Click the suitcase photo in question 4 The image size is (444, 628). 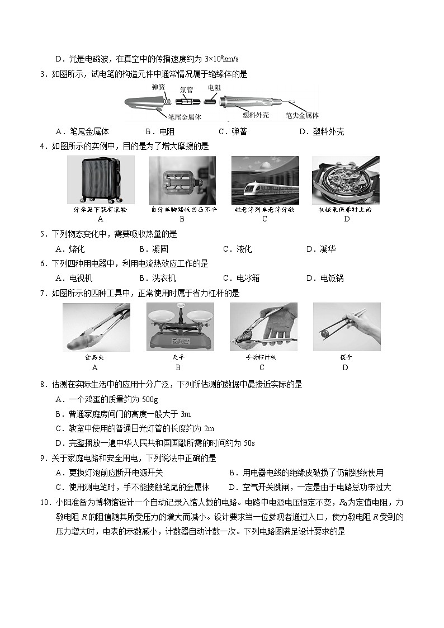(x=101, y=180)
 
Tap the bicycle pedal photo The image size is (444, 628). (x=182, y=180)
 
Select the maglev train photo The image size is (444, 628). (x=265, y=180)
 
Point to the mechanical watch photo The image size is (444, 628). (x=345, y=180)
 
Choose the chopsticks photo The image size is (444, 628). (x=346, y=327)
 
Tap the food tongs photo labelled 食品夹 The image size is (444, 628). (x=97, y=327)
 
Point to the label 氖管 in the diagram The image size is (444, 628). (x=186, y=89)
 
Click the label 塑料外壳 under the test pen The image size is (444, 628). (x=256, y=115)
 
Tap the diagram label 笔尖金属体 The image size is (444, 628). (x=302, y=116)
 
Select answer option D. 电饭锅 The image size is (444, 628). (x=325, y=278)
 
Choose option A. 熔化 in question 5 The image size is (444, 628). (x=70, y=249)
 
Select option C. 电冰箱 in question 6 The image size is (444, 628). (x=241, y=278)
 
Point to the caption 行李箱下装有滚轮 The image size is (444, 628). (x=101, y=210)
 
